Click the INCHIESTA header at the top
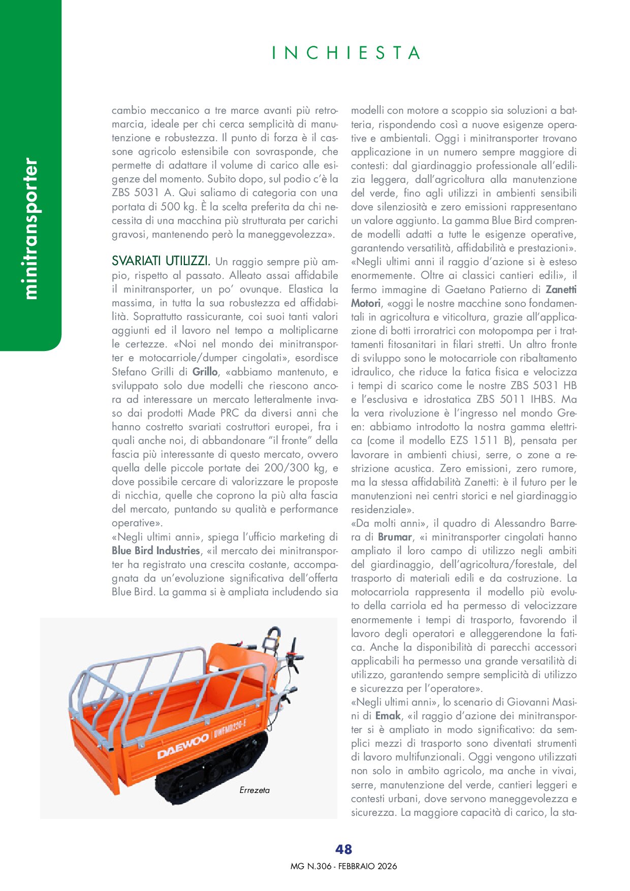tap(346, 53)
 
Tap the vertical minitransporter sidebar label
tap(30, 229)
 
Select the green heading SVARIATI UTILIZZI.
tap(161, 262)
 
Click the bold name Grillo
tap(205, 372)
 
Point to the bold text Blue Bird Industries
tap(156, 551)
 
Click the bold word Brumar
tap(395, 537)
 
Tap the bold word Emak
tap(388, 716)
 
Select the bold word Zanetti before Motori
tap(561, 290)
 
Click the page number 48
tap(344, 849)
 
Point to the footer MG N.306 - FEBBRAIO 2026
tap(344, 866)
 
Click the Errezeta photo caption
tap(255, 790)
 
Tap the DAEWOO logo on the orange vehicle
tap(182, 746)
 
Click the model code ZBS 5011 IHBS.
tap(514, 399)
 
